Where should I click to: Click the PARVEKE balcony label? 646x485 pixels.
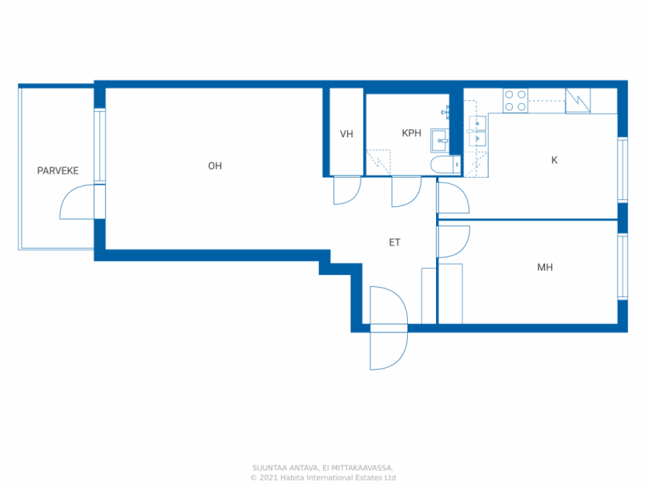pyautogui.click(x=58, y=171)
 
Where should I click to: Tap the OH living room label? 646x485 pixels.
pyautogui.click(x=215, y=166)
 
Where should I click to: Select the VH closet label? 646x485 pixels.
pyautogui.click(x=346, y=134)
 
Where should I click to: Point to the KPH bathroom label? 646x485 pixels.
pyautogui.click(x=411, y=133)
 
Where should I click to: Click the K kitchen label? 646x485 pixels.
pyautogui.click(x=554, y=160)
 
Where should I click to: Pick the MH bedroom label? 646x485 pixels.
pyautogui.click(x=545, y=267)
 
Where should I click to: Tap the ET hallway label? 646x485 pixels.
pyautogui.click(x=395, y=243)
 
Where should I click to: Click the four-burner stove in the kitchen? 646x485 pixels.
pyautogui.click(x=515, y=101)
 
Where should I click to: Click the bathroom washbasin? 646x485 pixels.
pyautogui.click(x=440, y=140)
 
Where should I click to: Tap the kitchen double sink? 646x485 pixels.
pyautogui.click(x=477, y=131)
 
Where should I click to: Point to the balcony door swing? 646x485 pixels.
pyautogui.click(x=78, y=203)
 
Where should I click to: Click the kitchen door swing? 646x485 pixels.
pyautogui.click(x=453, y=198)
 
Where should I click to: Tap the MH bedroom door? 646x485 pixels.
pyautogui.click(x=453, y=241)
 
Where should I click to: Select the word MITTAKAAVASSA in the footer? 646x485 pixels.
pyautogui.click(x=362, y=468)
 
